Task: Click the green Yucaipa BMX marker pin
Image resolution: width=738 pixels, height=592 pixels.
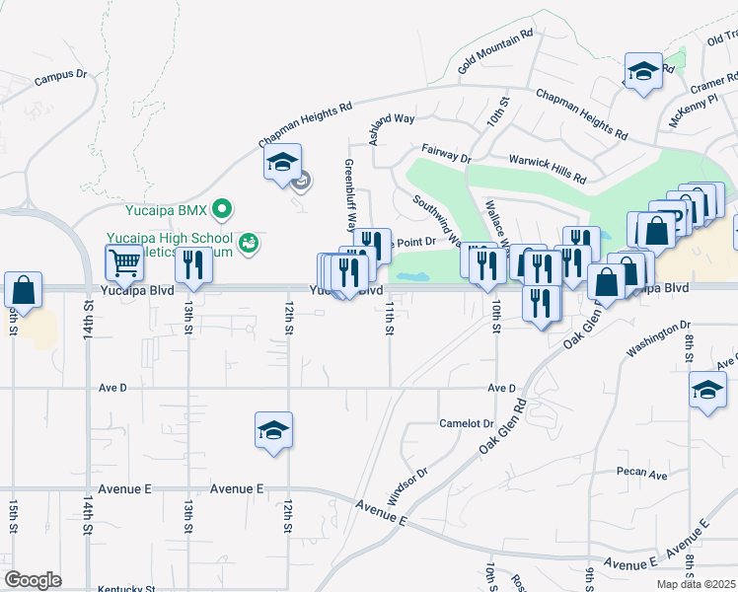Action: (223, 208)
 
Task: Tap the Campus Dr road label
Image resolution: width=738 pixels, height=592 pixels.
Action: (61, 76)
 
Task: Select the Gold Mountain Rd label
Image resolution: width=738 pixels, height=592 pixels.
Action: (495, 50)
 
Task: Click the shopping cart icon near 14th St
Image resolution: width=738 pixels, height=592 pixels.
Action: (124, 263)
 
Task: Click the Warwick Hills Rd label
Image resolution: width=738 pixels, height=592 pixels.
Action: (547, 169)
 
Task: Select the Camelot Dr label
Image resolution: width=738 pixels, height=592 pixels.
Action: (467, 422)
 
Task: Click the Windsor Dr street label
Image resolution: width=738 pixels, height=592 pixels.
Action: (406, 485)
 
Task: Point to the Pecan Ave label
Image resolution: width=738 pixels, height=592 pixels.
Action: (641, 474)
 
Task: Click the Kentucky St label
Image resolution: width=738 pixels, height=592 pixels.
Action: (127, 588)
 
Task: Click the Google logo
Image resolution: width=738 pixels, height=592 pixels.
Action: (34, 579)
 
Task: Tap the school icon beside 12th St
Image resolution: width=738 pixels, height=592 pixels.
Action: (273, 430)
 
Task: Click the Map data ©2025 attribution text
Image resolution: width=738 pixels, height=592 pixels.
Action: (697, 585)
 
